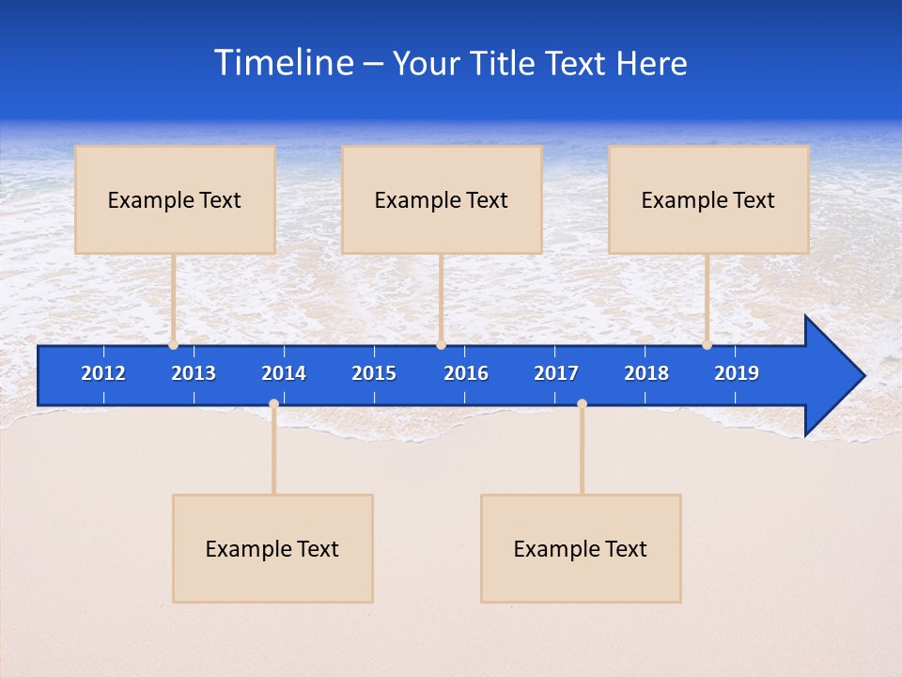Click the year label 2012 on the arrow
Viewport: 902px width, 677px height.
tap(103, 373)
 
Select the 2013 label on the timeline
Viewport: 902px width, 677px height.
tap(194, 373)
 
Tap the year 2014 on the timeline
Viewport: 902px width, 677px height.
tap(284, 373)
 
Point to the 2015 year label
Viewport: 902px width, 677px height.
tap(374, 373)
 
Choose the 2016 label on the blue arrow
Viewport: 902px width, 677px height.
tap(466, 373)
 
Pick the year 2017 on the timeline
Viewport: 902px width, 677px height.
tap(556, 373)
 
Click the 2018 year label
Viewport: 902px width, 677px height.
tap(646, 373)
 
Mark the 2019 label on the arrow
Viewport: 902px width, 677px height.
tap(737, 373)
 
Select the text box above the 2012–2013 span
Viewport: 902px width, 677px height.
tap(175, 199)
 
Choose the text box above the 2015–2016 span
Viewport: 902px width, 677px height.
tap(442, 199)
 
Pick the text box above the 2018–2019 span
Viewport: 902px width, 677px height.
tap(708, 199)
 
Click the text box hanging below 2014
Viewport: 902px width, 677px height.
tap(272, 548)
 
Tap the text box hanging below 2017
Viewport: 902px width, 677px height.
tap(581, 548)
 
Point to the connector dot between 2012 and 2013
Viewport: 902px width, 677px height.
tap(173, 345)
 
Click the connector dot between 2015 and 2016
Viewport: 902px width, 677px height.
tap(441, 345)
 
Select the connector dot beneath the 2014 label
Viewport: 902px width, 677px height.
tap(273, 404)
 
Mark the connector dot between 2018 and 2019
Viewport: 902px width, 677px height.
tap(707, 345)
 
